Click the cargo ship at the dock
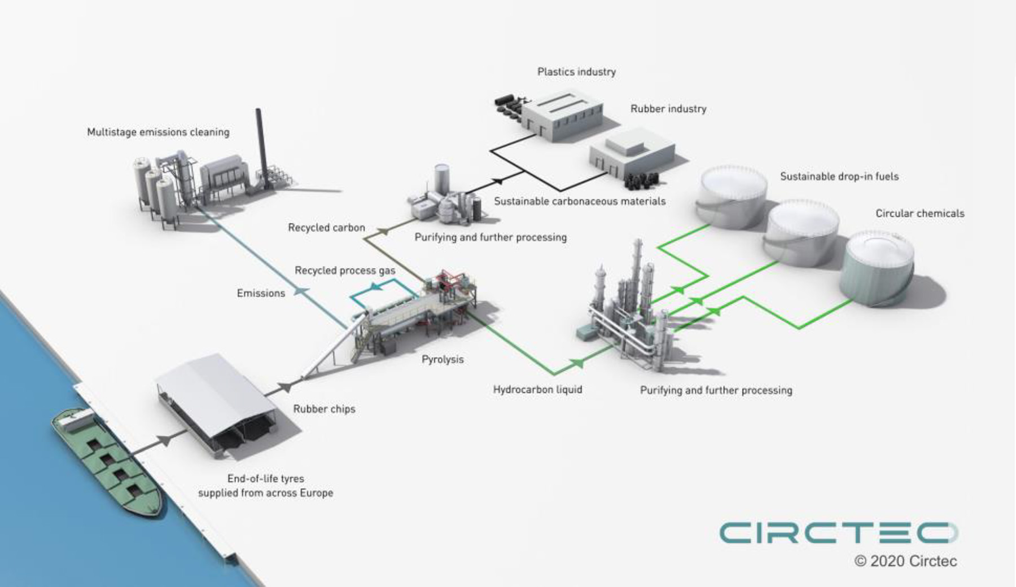coord(107,460)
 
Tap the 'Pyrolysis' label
coord(443,359)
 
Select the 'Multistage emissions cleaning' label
coord(158,132)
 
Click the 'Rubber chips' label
coord(324,409)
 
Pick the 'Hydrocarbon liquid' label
coord(537,389)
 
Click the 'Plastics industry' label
coord(576,72)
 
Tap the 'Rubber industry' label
coord(668,109)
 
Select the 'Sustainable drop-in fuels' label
coord(839,176)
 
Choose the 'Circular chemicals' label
coord(919,213)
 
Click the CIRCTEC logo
coord(838,533)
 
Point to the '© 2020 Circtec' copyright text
coord(905,561)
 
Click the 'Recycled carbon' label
coord(326,228)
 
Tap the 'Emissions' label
coord(261,293)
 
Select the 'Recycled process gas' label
coord(345,271)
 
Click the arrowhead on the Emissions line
coord(301,291)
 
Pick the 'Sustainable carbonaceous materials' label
coord(580,201)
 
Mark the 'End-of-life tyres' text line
coord(265,478)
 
